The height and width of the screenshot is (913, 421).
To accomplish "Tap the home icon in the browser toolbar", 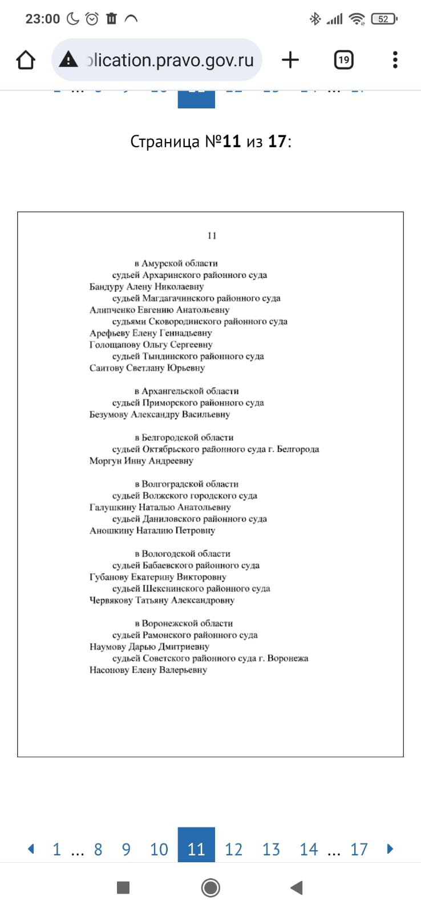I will click(26, 60).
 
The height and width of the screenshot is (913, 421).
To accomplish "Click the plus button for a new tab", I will click(290, 60).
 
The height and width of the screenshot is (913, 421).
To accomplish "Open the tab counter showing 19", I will click(343, 60).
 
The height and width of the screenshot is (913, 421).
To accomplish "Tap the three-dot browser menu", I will click(395, 60).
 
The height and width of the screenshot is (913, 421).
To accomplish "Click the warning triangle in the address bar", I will click(68, 59).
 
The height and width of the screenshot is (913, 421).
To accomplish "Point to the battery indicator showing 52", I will click(383, 19).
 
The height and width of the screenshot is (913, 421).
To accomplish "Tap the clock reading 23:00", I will click(42, 19).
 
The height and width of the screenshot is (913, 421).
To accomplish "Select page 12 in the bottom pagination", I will click(233, 850).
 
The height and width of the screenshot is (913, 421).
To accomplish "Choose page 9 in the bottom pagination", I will click(126, 850).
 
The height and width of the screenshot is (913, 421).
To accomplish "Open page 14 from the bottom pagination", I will click(309, 850).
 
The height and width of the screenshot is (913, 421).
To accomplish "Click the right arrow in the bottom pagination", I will click(390, 849).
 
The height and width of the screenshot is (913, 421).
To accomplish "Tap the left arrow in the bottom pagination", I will click(31, 849).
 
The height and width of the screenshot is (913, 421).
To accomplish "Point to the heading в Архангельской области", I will click(187, 391).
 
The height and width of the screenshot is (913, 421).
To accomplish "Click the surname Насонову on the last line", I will click(109, 670).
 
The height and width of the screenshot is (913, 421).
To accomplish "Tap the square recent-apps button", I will click(123, 887).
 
